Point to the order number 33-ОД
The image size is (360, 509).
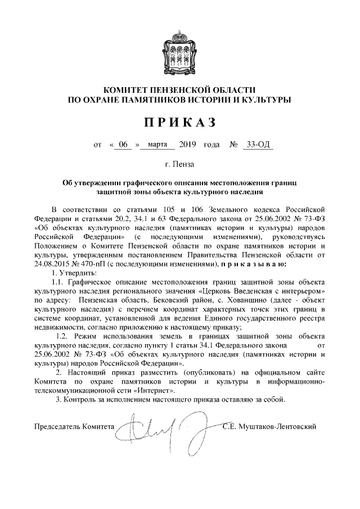pos(256,145)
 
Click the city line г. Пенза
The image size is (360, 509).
pos(179,165)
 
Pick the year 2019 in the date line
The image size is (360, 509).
pos(187,145)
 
